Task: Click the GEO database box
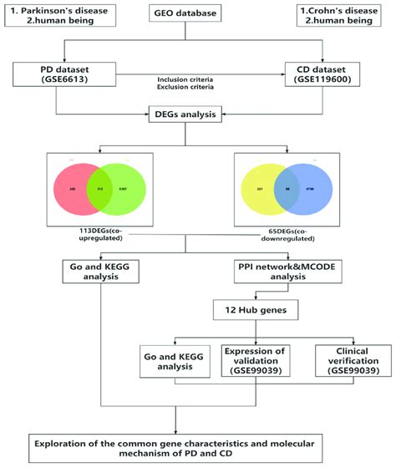(199, 15)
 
